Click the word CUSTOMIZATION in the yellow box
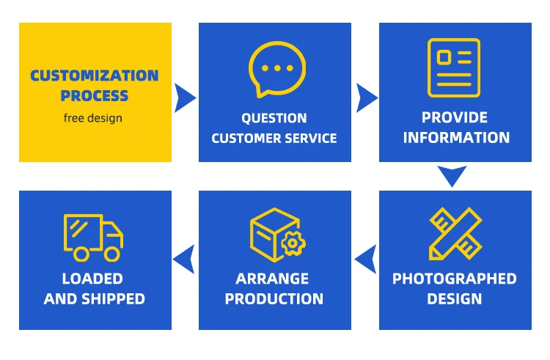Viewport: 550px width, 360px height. click(95, 76)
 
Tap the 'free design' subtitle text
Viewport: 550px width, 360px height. click(93, 118)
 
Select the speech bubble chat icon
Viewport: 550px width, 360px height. click(276, 70)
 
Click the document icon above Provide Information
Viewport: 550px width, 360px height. click(454, 67)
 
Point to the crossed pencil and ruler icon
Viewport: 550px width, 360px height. click(455, 234)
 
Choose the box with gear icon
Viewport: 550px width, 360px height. click(276, 235)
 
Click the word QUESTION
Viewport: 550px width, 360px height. click(274, 118)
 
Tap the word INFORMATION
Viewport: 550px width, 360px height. click(456, 137)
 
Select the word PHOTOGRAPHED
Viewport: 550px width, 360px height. click(455, 279)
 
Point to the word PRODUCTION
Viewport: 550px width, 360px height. click(274, 298)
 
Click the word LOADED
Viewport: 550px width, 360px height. click(92, 279)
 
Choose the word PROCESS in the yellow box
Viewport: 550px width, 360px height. click(95, 95)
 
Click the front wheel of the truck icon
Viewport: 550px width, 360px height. click(111, 254)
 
